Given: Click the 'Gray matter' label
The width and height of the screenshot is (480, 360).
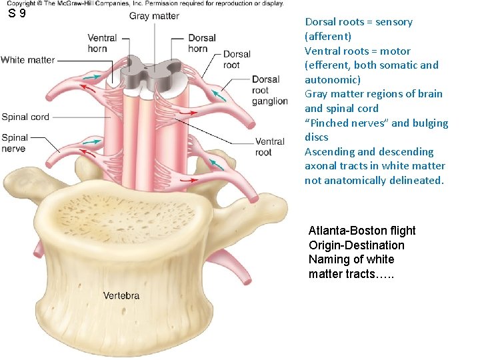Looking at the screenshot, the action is click(154, 16).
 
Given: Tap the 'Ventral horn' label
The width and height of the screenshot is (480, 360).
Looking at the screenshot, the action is click(102, 43).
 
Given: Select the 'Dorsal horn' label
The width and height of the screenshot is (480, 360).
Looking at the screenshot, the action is click(198, 43).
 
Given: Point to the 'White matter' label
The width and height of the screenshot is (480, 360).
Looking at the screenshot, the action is click(28, 60).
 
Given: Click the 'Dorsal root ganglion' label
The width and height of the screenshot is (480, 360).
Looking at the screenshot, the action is click(269, 91).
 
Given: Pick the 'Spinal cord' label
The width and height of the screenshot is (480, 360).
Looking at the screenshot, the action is click(25, 117).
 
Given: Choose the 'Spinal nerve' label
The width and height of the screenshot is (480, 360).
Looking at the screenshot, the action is click(14, 143).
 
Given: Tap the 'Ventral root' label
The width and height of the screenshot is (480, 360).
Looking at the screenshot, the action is click(269, 147).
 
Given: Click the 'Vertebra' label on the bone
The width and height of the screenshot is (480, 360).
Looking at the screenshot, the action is click(121, 295).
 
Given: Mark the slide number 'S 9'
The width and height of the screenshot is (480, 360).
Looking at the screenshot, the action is click(17, 13).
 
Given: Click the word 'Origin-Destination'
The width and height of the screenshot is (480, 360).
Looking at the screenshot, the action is click(356, 245).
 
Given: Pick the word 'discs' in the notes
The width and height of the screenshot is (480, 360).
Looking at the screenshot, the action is click(317, 137).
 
